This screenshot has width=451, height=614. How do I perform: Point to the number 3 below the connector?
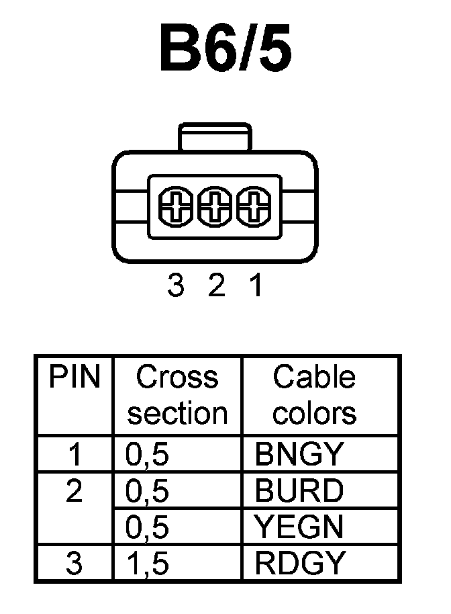coord(175,288)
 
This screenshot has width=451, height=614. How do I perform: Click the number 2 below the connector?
coord(215,288)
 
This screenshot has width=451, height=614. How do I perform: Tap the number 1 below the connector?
coord(256,288)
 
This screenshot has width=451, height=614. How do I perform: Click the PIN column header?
coord(74,378)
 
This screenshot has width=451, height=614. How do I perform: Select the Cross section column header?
coord(178,395)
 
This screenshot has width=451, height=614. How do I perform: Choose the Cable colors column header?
coord(314,395)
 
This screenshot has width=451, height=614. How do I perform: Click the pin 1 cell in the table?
coord(74,455)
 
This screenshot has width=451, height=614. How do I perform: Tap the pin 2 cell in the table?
coord(74,492)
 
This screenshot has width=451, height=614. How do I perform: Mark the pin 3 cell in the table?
coord(74,563)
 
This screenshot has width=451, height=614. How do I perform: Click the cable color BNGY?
coord(299,455)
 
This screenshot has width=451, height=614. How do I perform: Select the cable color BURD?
coord(299,492)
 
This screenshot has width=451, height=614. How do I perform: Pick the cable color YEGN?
coord(299,527)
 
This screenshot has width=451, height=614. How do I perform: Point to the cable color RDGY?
coord(299,563)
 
